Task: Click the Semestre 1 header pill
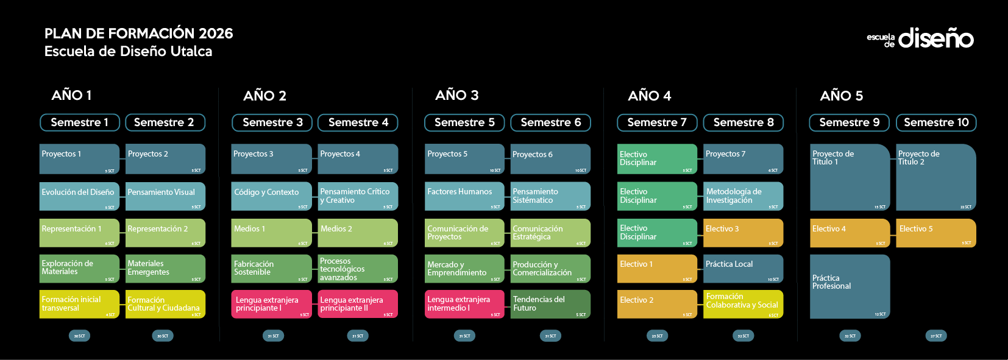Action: click(79, 122)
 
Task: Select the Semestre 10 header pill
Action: click(936, 122)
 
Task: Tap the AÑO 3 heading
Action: click(456, 95)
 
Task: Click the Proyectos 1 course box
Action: click(79, 159)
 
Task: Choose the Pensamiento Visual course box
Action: click(165, 196)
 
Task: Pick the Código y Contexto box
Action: click(271, 196)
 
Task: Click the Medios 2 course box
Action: click(358, 233)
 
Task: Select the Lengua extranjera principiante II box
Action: click(358, 303)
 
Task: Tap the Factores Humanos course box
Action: click(464, 196)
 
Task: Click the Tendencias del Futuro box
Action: click(550, 303)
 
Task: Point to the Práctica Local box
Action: click(743, 269)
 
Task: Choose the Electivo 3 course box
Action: click(743, 233)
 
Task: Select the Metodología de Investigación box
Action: click(743, 196)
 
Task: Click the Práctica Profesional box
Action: click(850, 286)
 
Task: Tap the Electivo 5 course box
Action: click(936, 233)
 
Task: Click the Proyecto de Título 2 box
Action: click(936, 177)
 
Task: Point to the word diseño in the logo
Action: click(935, 38)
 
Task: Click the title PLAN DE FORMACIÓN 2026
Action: click(139, 33)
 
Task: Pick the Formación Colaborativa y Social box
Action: click(743, 303)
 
